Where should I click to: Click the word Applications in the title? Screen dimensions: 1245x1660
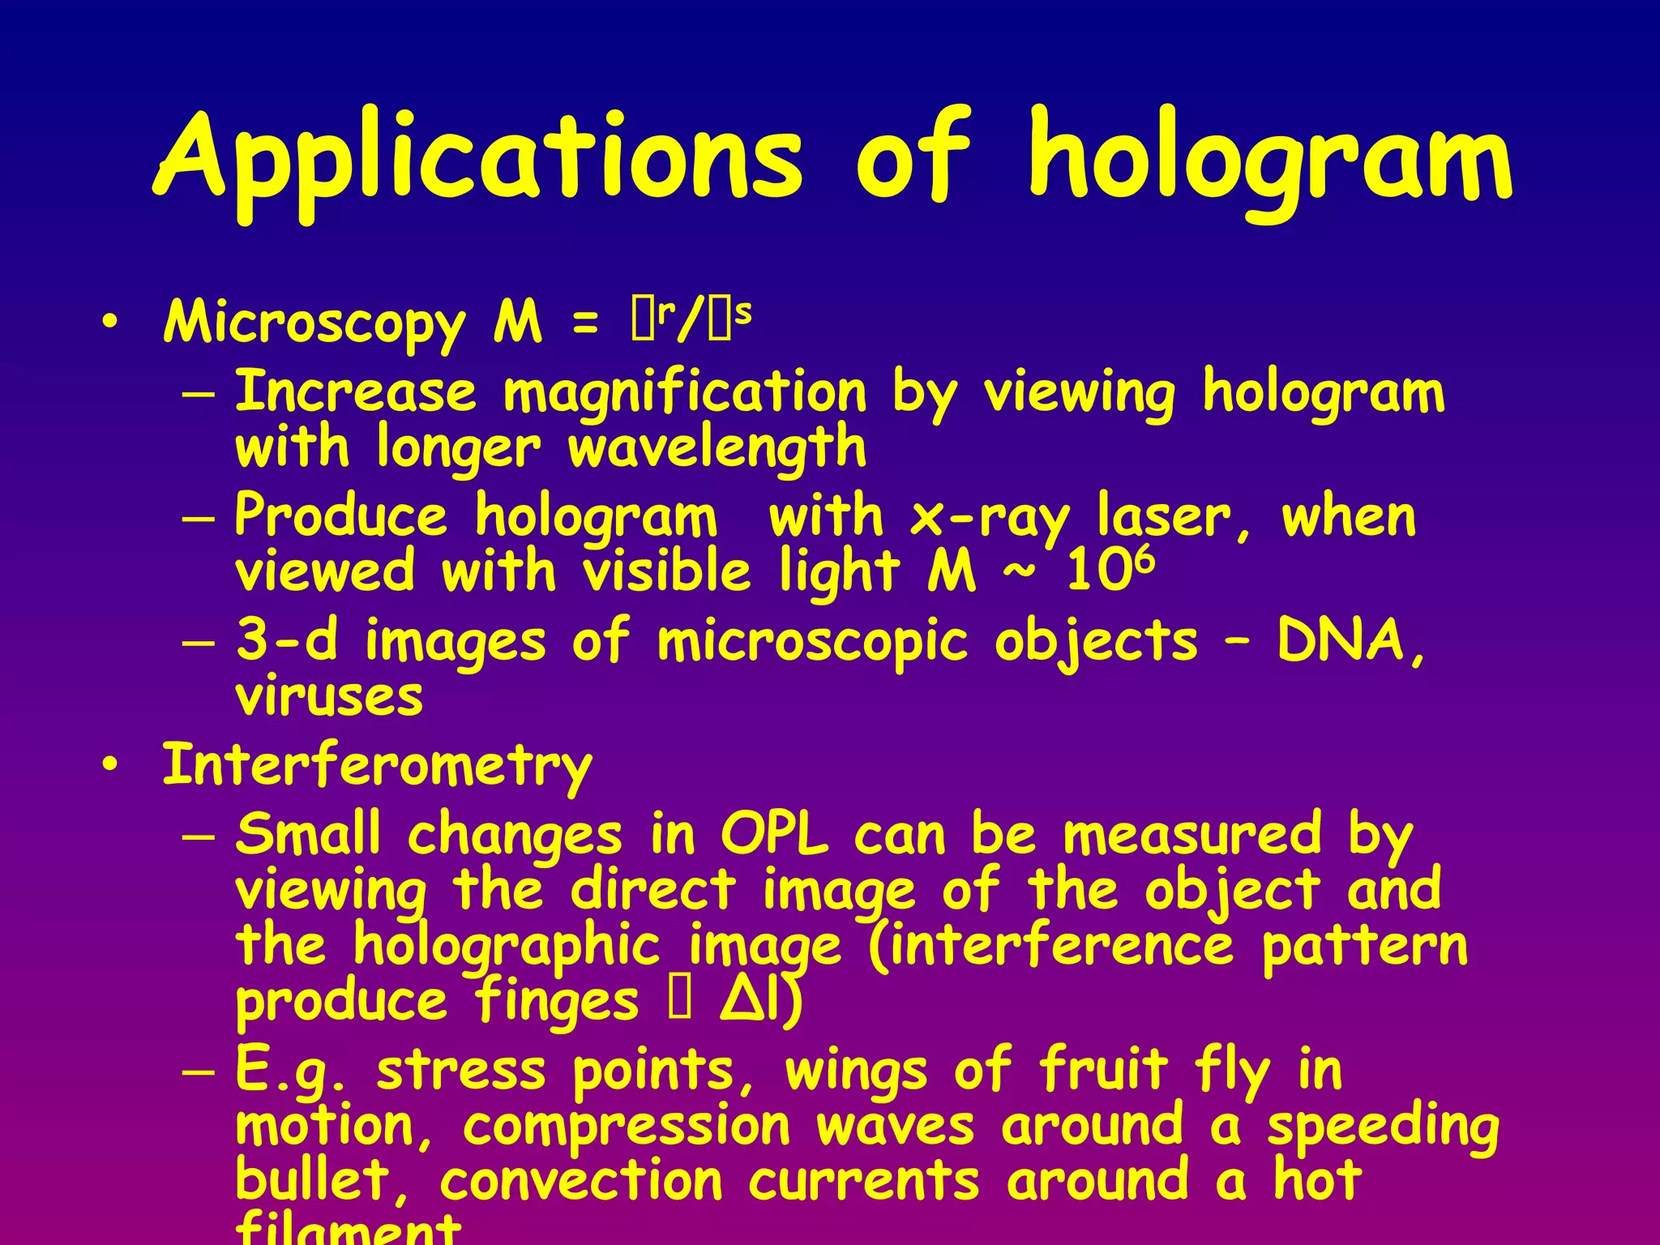(x=478, y=158)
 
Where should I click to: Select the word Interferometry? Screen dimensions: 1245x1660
(x=377, y=766)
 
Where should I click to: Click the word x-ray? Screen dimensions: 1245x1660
(x=990, y=517)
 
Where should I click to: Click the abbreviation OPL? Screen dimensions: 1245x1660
(x=775, y=835)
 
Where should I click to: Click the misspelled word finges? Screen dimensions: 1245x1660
(x=557, y=1002)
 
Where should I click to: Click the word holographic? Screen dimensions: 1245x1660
(x=507, y=947)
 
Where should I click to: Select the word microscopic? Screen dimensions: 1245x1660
(x=813, y=641)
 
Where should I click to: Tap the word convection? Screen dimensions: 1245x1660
(x=580, y=1181)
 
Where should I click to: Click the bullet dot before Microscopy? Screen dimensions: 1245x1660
(x=111, y=323)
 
